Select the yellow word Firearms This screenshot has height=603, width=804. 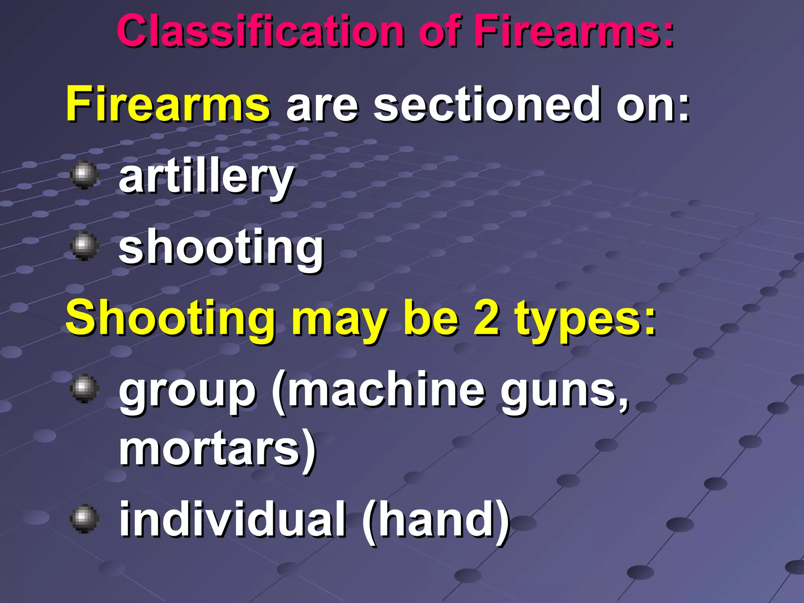(x=168, y=104)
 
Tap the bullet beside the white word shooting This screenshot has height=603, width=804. (x=84, y=246)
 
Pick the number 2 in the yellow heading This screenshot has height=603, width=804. (x=487, y=318)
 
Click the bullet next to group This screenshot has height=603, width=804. (x=84, y=388)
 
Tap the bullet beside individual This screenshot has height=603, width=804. (x=84, y=518)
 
